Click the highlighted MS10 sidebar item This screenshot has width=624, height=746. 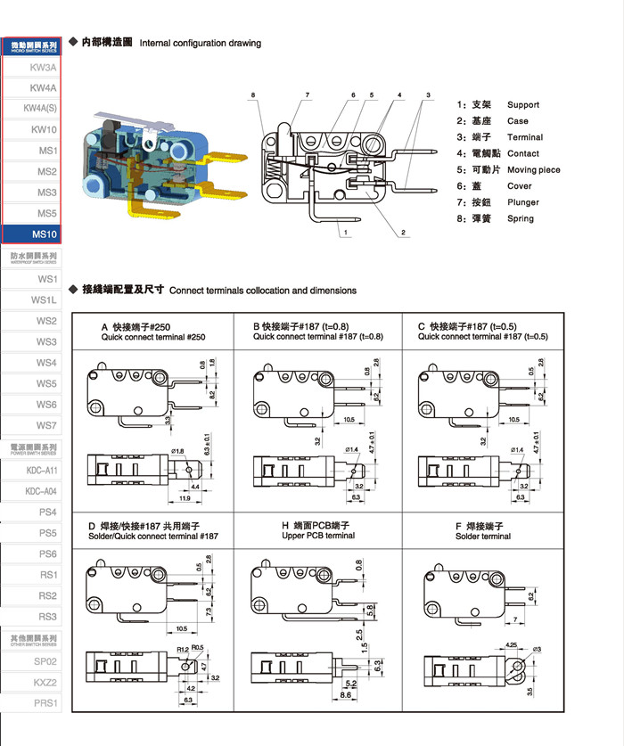pos(44,234)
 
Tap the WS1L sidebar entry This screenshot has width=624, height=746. pos(44,300)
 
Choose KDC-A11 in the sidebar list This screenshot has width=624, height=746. pos(41,470)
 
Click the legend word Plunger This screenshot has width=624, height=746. pos(523,202)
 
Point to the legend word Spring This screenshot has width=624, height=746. pos(521,218)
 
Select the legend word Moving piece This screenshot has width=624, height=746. pos(534,169)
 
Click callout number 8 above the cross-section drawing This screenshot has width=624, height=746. pos(253,95)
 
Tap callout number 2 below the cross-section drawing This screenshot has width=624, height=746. pos(403,233)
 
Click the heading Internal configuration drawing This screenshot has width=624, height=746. pos(201,43)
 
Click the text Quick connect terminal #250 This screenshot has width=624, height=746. pos(153,338)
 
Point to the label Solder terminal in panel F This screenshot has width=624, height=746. pos(482,536)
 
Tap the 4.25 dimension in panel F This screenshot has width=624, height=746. pos(512,644)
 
